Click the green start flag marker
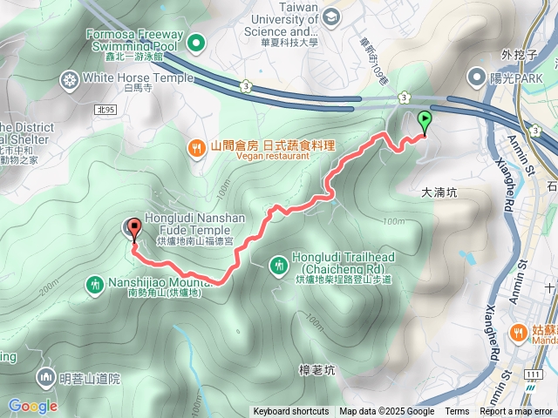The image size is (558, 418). tap(425, 121)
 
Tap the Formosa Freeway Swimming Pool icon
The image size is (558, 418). tap(196, 42)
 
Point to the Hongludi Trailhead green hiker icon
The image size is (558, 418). tap(278, 263)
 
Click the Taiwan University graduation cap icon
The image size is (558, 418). tap(331, 17)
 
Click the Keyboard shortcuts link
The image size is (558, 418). tap(291, 412)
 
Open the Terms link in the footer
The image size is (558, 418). tap(457, 412)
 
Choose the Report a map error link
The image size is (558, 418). tap(517, 412)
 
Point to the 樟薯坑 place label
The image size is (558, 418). tap(316, 370)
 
